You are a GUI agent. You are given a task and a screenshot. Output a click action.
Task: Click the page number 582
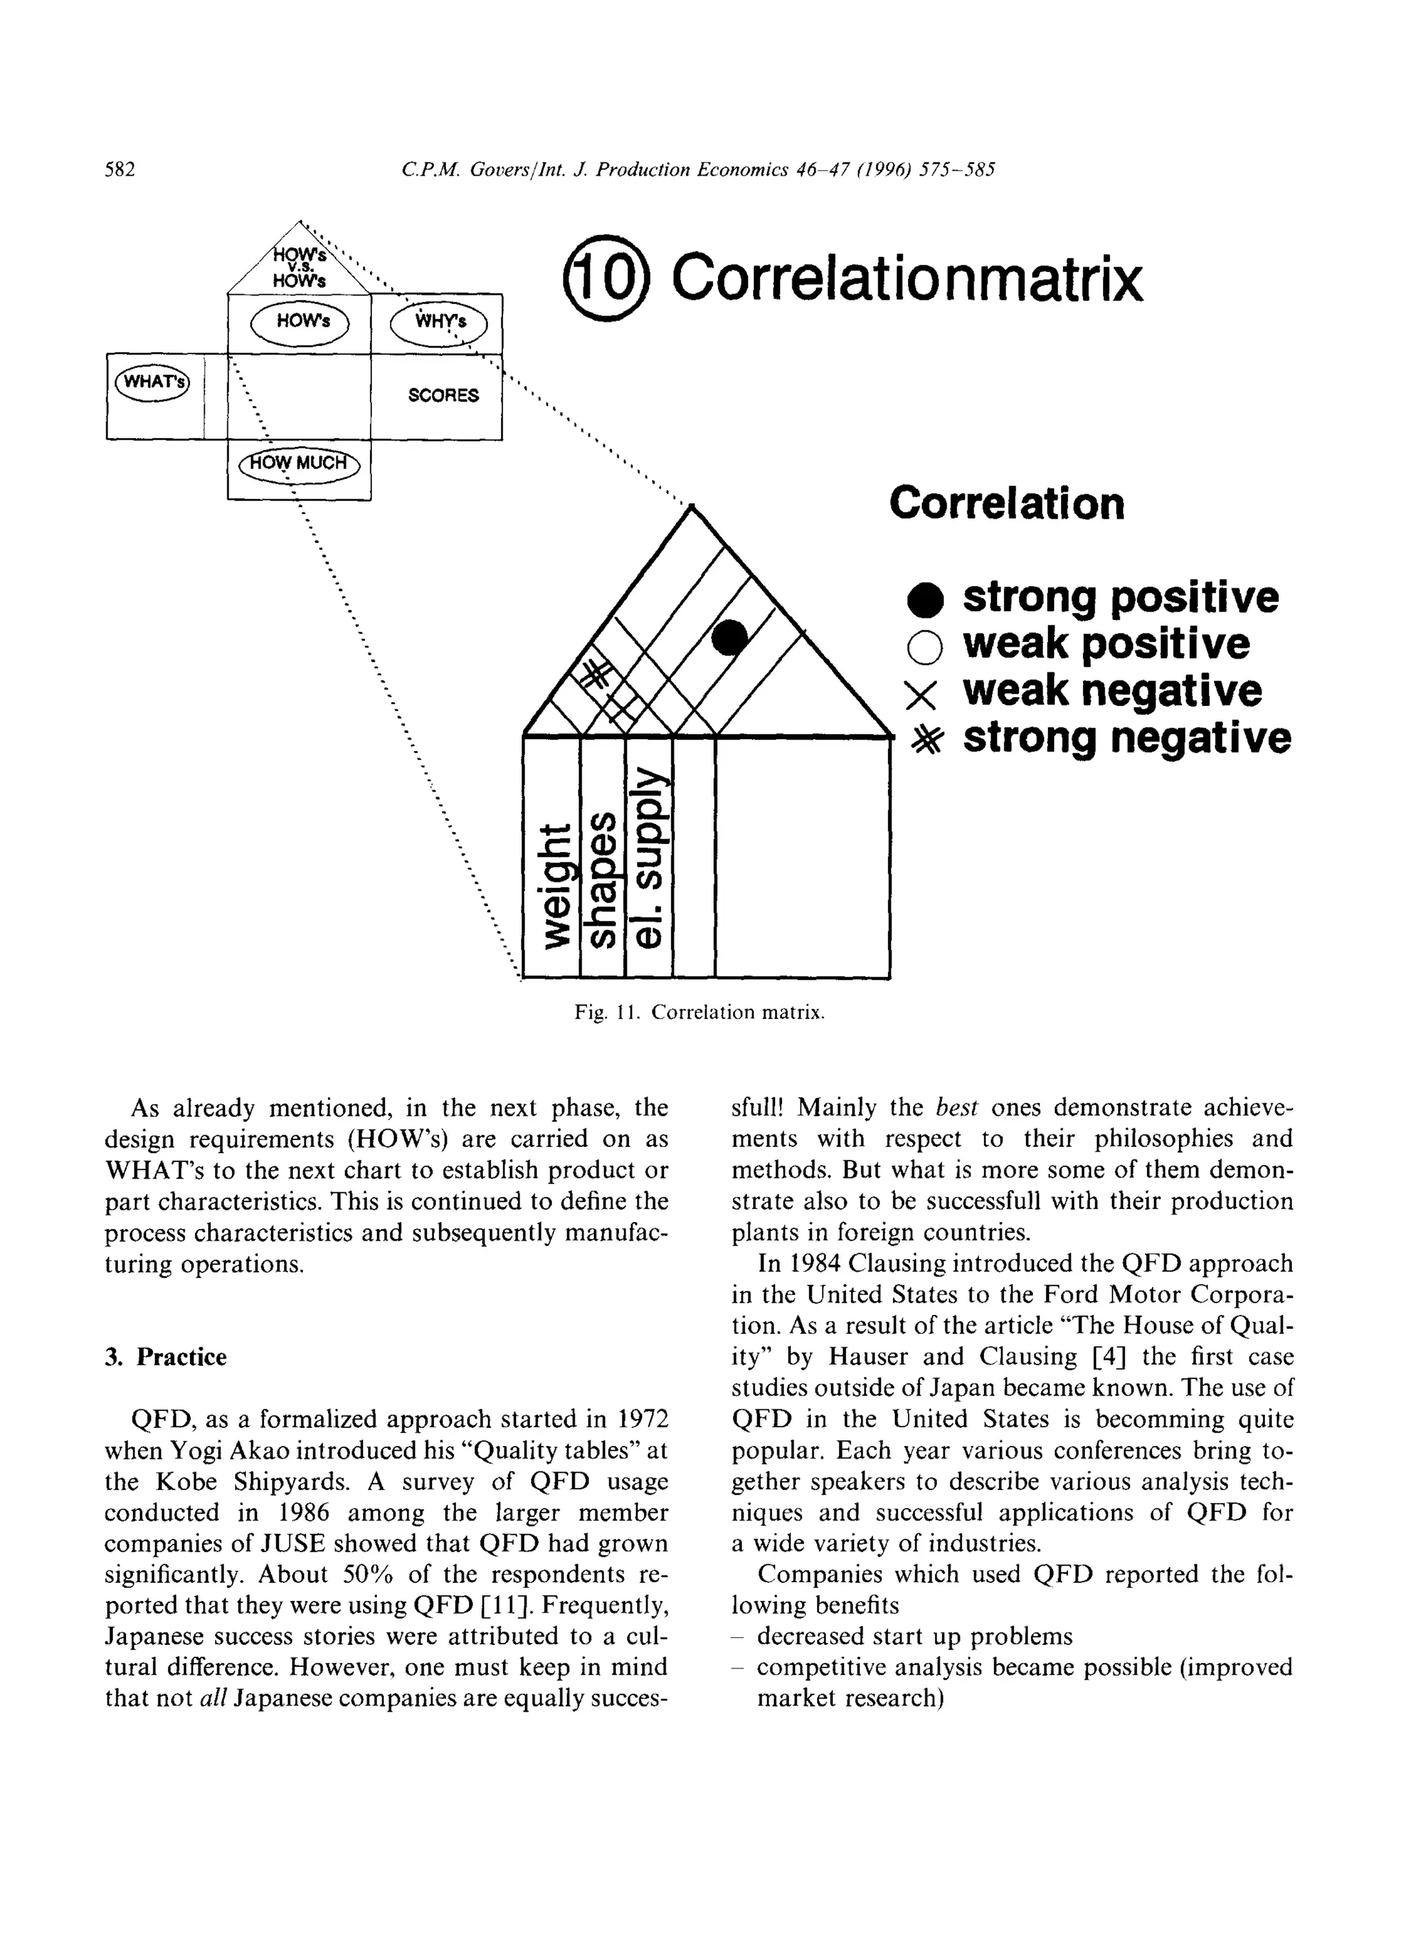click(x=120, y=170)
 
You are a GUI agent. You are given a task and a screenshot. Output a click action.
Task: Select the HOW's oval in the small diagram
click(x=300, y=324)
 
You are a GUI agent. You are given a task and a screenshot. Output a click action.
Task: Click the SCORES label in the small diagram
click(x=443, y=396)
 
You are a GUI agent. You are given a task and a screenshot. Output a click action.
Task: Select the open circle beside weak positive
click(x=925, y=647)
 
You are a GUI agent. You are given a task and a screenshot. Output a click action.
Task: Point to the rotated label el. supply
click(x=649, y=858)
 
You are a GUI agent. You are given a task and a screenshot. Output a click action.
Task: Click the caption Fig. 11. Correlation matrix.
click(x=700, y=1012)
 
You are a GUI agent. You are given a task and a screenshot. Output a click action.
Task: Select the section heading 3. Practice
click(x=165, y=1357)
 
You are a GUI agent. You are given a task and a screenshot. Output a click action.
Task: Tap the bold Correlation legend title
click(x=1007, y=503)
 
